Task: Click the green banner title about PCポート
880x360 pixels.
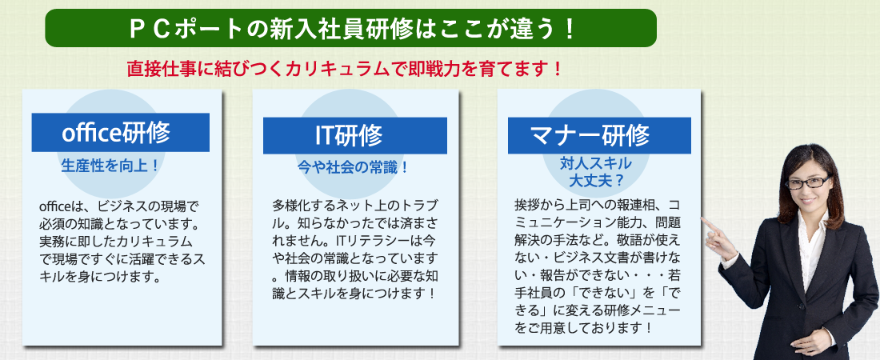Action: (350, 28)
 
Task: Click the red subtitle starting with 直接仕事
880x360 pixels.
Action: (344, 70)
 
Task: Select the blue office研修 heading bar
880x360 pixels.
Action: (121, 133)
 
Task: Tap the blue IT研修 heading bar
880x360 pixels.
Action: (354, 135)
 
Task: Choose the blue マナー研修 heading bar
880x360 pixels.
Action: (599, 135)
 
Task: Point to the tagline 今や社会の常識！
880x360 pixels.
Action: (353, 167)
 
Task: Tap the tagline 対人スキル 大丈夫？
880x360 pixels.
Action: (596, 173)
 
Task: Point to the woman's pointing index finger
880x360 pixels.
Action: (710, 226)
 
